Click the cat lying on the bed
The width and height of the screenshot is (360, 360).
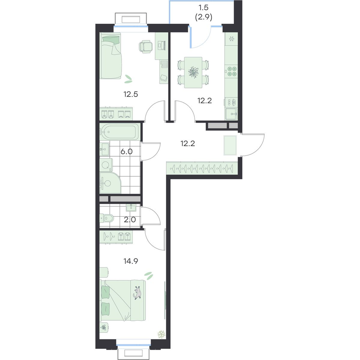[138, 293]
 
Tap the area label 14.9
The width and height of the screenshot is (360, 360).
[131, 261]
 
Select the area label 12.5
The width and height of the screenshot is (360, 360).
[131, 94]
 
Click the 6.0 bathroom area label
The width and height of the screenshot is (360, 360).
[127, 152]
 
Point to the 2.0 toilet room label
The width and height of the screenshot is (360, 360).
[130, 220]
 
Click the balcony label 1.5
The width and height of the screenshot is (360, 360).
[203, 8]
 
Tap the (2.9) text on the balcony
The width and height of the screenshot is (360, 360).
[203, 17]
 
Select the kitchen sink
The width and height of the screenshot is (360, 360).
[231, 114]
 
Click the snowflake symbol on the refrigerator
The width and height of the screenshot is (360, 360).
[231, 39]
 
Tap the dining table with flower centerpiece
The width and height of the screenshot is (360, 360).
[193, 73]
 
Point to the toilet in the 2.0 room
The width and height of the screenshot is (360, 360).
[107, 218]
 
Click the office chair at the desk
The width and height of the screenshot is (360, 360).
[145, 46]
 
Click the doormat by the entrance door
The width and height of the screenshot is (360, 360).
[230, 145]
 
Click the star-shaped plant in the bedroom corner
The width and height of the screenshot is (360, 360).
[162, 334]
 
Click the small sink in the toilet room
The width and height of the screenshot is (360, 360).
[131, 208]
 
